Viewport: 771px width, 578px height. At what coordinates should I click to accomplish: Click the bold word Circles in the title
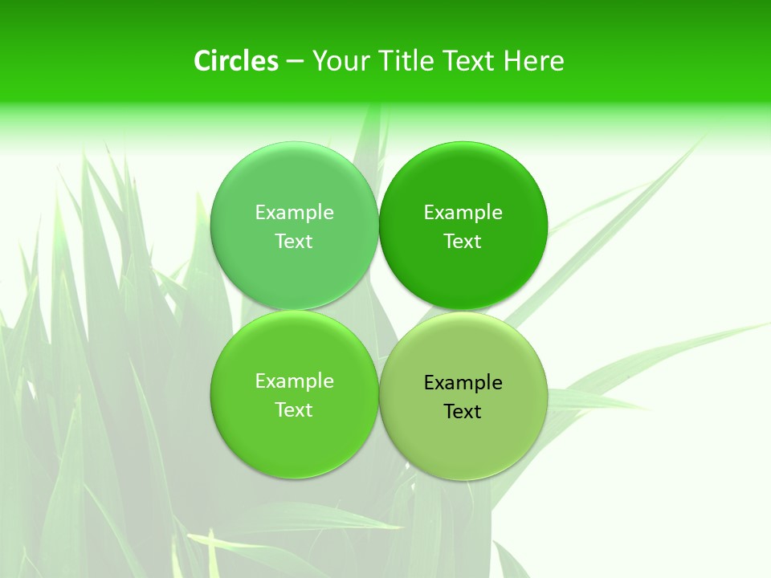click(x=236, y=61)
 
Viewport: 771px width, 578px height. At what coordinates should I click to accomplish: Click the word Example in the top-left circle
click(x=294, y=212)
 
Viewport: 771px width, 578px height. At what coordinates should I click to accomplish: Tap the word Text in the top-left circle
click(x=294, y=241)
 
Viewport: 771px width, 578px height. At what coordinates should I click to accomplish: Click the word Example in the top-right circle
click(x=463, y=212)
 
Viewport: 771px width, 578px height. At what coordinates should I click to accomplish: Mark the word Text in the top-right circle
click(x=463, y=241)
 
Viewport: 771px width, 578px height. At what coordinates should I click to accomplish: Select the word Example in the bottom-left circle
click(x=294, y=381)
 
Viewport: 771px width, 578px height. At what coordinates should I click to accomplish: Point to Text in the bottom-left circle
click(x=294, y=409)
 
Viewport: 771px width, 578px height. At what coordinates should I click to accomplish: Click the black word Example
click(x=463, y=382)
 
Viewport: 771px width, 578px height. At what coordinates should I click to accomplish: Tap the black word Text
click(x=463, y=411)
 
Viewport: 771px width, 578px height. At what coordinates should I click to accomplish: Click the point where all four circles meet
click(x=378, y=311)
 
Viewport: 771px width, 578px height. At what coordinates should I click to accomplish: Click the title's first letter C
click(x=202, y=61)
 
